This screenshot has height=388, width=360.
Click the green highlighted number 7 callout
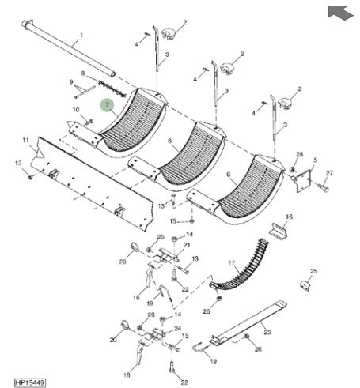[x=107, y=105]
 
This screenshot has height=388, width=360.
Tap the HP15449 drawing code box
[x=29, y=382]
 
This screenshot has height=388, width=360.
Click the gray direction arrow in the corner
[x=340, y=13]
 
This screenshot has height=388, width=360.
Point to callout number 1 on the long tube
[x=81, y=35]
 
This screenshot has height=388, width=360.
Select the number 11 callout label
[x=25, y=140]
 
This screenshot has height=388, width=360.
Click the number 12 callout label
[x=18, y=164]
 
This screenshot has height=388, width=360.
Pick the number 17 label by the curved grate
[x=231, y=262]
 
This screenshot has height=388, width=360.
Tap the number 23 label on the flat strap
[x=267, y=332]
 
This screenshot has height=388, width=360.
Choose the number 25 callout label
[x=313, y=271]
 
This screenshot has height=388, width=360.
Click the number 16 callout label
[x=289, y=217]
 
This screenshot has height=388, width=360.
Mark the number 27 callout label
[x=329, y=173]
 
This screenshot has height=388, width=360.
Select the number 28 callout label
[x=300, y=154]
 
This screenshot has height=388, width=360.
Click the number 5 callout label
[x=316, y=160]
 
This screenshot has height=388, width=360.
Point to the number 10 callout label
[x=76, y=110]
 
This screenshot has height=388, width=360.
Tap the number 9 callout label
[x=71, y=82]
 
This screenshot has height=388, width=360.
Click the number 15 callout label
[x=172, y=221]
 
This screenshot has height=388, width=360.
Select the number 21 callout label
[x=187, y=245]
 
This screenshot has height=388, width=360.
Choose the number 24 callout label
[x=178, y=329]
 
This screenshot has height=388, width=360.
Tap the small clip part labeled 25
[x=305, y=285]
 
